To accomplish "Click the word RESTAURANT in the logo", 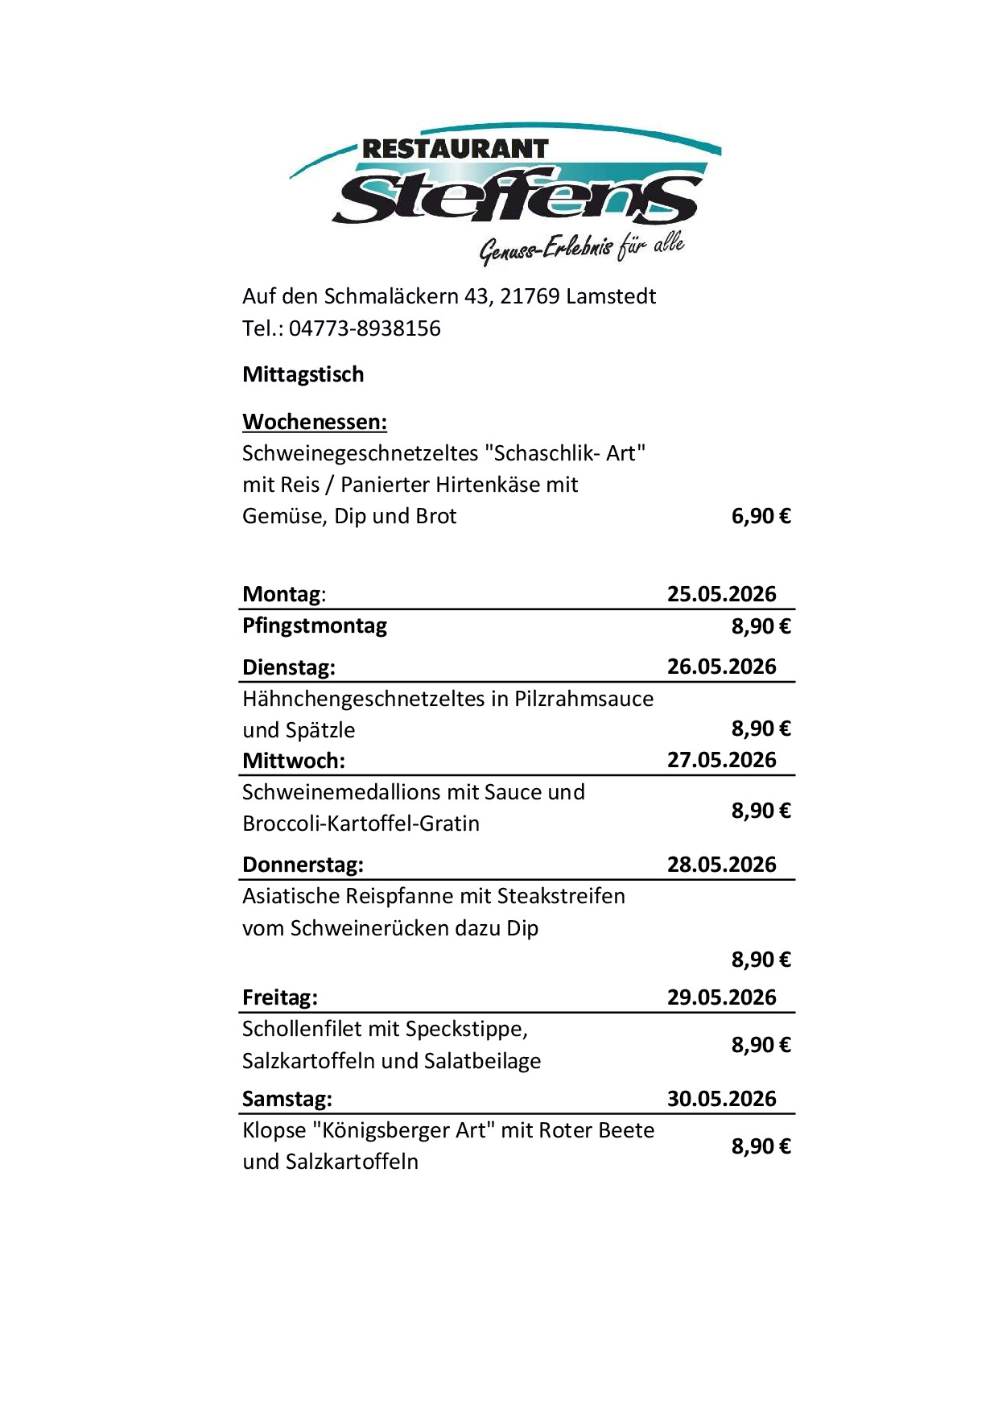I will pyautogui.click(x=455, y=150).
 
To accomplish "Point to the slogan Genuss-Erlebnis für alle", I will pyautogui.click(x=581, y=247).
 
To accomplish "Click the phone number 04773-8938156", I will pyautogui.click(x=365, y=328).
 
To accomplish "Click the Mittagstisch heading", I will pyautogui.click(x=303, y=374).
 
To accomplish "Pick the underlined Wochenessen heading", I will pyautogui.click(x=315, y=422).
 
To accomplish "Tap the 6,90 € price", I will pyautogui.click(x=761, y=516).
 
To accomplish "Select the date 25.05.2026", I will pyautogui.click(x=721, y=594).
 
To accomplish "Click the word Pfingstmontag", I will pyautogui.click(x=315, y=625).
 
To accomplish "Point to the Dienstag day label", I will pyautogui.click(x=289, y=667).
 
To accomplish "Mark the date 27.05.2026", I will pyautogui.click(x=721, y=760).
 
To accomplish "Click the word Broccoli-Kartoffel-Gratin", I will pyautogui.click(x=361, y=824).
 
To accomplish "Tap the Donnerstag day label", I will pyautogui.click(x=303, y=865).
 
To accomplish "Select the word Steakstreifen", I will pyautogui.click(x=561, y=896).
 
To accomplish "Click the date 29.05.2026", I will pyautogui.click(x=721, y=997).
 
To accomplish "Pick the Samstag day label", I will pyautogui.click(x=287, y=1099).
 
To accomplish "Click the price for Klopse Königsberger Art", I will pyautogui.click(x=761, y=1146).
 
